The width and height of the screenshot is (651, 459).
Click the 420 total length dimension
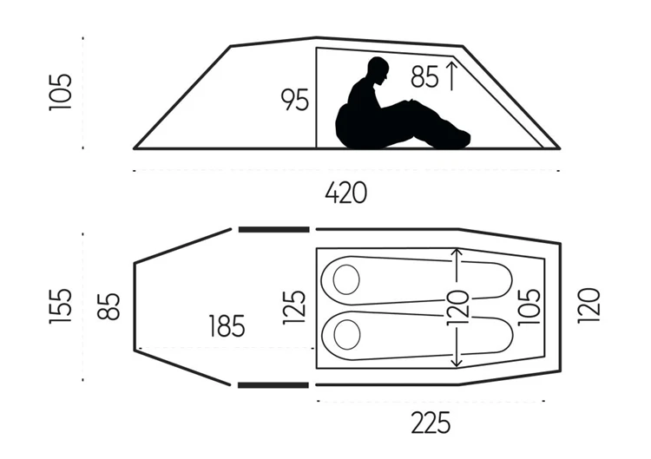pos(345,193)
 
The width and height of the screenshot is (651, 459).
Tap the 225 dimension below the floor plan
pos(431,423)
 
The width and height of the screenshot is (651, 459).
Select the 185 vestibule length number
pos(227,325)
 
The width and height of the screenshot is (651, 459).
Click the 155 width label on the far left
pos(61,306)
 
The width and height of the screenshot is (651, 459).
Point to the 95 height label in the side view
pos(295,100)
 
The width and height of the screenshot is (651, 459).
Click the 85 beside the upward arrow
pos(424,76)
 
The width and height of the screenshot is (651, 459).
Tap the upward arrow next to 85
pos(451,75)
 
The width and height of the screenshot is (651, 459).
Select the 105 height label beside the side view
pos(61,92)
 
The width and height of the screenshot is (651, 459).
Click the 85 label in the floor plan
pos(108,306)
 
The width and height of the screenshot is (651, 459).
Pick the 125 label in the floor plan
pos(294,307)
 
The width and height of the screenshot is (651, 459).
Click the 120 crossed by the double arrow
pos(457,307)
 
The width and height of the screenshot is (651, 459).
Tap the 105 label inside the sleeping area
pos(529,306)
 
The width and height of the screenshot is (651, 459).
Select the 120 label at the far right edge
pos(589,305)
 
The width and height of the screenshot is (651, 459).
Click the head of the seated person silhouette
pos(378,70)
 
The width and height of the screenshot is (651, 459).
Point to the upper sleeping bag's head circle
pos(346,279)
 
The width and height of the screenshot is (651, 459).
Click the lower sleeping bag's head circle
pos(346,335)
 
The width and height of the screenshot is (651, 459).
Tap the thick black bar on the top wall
pos(274,229)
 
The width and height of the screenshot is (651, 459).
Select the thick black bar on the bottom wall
pos(273,385)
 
